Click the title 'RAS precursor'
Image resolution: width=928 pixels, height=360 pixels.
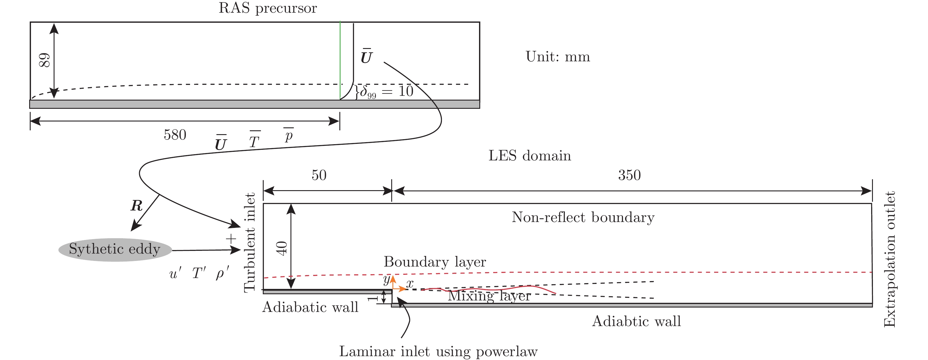[x=268, y=8]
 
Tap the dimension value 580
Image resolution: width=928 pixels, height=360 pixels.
[x=175, y=135]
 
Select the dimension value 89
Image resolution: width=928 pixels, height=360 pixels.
[x=44, y=60]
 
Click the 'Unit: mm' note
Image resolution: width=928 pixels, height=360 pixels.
[x=558, y=57]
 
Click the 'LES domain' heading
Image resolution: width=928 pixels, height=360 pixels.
[x=530, y=156]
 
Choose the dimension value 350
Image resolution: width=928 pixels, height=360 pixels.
[x=629, y=175]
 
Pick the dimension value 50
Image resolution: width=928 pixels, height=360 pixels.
[x=319, y=175]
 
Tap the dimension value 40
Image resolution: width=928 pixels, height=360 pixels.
[x=282, y=248]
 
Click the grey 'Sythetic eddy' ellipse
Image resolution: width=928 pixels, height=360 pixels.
[x=115, y=249]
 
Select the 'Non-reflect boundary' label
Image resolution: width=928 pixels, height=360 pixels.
[x=583, y=217]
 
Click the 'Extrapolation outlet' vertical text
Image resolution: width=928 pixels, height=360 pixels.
[x=889, y=259]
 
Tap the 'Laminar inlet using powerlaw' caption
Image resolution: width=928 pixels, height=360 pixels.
[x=438, y=351]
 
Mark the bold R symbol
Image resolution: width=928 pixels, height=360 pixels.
[x=136, y=206]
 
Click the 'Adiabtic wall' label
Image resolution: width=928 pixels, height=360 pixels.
[x=636, y=321]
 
